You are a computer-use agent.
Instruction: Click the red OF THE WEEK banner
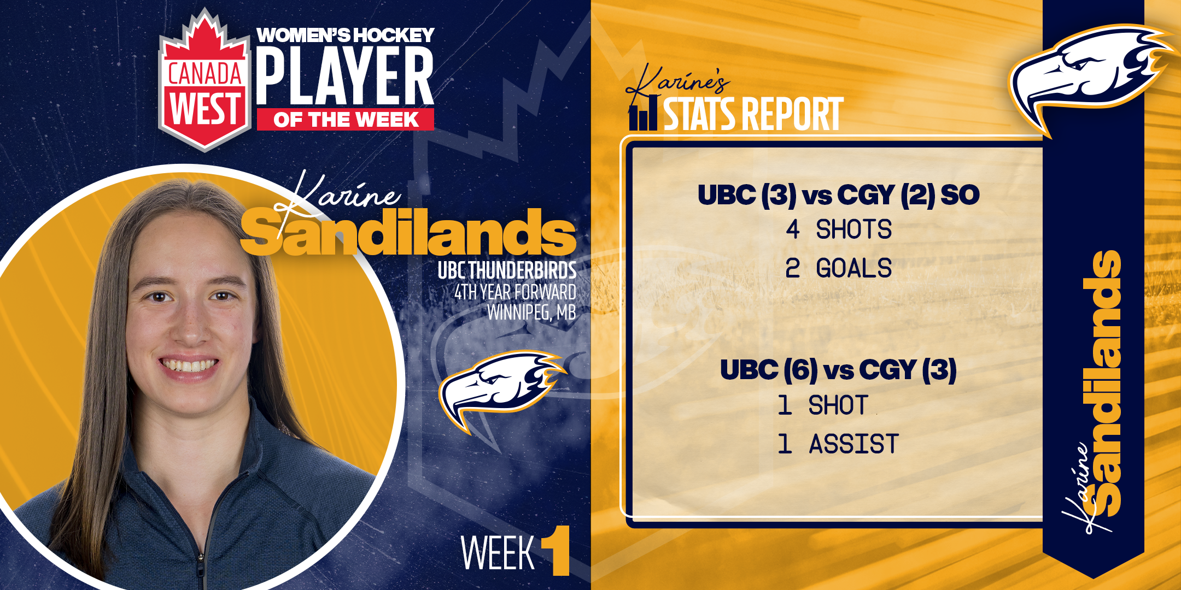tap(346, 120)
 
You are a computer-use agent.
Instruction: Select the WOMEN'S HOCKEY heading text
tap(346, 35)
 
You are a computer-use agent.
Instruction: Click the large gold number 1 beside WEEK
tap(557, 550)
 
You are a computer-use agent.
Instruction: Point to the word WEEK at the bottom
tap(498, 553)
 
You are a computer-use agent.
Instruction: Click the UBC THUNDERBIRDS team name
tap(507, 270)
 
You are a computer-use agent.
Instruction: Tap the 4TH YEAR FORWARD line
tap(515, 292)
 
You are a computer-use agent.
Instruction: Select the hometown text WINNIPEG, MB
tap(531, 312)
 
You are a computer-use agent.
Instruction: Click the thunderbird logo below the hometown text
tap(500, 388)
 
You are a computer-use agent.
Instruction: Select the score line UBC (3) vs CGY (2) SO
tap(838, 195)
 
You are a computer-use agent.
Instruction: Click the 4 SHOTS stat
tap(839, 229)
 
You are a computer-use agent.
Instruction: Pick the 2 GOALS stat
tap(838, 268)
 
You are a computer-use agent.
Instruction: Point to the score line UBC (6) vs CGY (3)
tap(838, 370)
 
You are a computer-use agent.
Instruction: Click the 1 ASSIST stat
tap(838, 444)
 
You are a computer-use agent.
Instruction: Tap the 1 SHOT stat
tap(823, 405)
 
